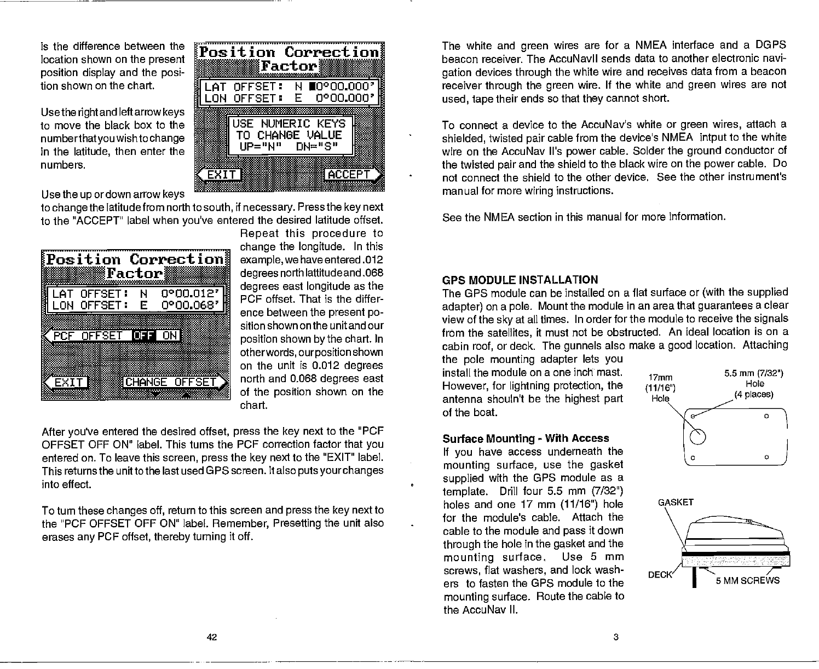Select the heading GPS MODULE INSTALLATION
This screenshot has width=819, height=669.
(520, 280)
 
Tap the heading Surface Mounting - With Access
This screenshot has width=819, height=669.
(526, 439)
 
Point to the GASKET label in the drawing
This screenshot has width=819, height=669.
(676, 502)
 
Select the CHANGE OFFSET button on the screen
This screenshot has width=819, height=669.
(171, 382)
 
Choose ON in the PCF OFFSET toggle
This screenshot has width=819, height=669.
(170, 335)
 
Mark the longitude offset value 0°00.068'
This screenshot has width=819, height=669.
(191, 305)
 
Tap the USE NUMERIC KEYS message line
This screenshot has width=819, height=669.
(289, 123)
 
